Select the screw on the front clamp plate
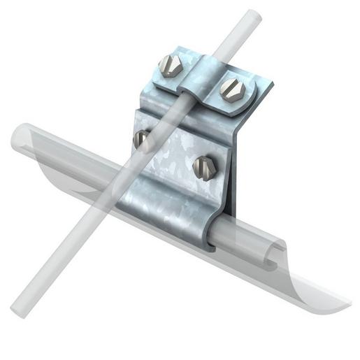click(x=203, y=166)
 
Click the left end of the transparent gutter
click(x=21, y=140)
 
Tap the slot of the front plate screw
click(x=203, y=166)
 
